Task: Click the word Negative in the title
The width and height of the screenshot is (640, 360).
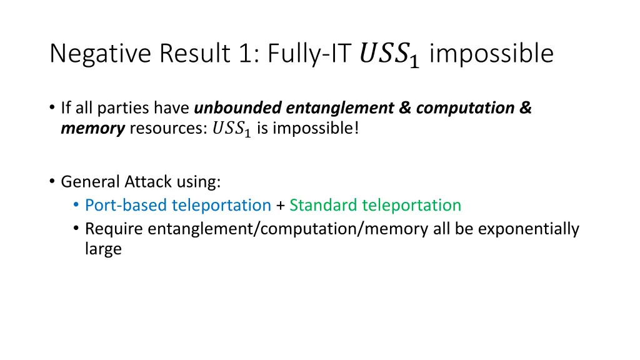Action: coord(101,54)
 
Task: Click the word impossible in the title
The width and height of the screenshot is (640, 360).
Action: coord(491,54)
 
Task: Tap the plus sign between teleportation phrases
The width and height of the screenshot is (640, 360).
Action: coord(280,206)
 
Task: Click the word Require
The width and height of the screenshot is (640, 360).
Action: coord(114,229)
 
